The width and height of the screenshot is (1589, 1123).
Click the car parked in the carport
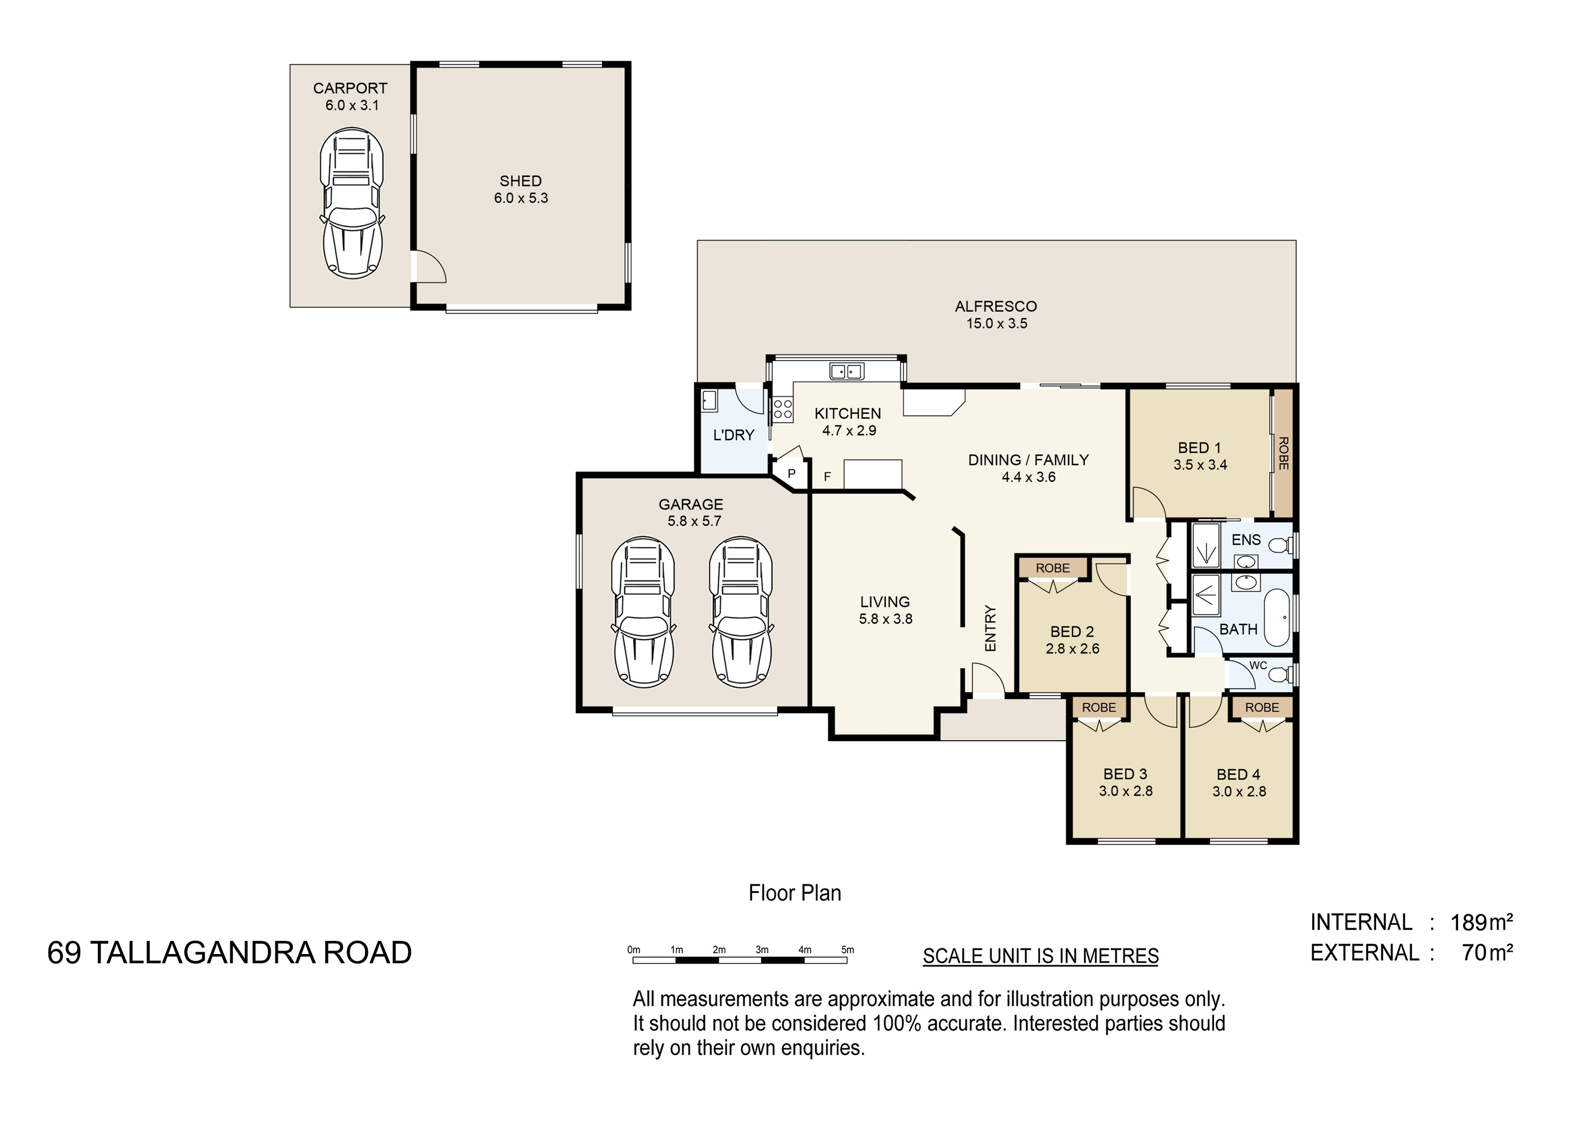[351, 203]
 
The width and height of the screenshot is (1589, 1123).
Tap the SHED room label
[520, 181]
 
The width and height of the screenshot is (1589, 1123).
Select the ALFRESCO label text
[996, 307]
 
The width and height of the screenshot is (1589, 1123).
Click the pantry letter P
[792, 474]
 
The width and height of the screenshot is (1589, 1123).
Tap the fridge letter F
[827, 477]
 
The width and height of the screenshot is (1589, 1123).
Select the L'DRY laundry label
[734, 435]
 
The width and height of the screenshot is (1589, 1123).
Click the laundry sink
[709, 400]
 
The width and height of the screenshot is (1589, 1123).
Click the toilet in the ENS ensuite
[1280, 546]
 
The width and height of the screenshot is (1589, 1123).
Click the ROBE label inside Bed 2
[1053, 568]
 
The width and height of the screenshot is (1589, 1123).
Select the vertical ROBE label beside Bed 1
[1283, 453]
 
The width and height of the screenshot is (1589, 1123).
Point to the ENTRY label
[990, 628]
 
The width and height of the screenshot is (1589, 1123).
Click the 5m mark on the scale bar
[848, 950]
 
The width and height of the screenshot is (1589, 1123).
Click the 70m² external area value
[1487, 952]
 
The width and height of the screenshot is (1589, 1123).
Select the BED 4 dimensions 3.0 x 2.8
[1239, 792]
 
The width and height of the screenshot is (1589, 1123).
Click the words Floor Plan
[794, 893]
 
